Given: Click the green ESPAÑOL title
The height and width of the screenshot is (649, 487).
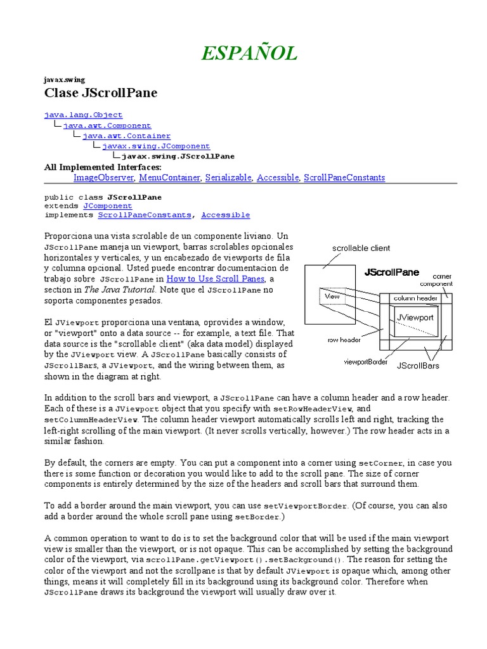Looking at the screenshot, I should tap(249, 54).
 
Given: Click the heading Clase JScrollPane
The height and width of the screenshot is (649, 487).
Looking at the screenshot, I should tap(100, 93).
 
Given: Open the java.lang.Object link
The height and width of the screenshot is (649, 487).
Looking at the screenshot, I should tap(83, 115).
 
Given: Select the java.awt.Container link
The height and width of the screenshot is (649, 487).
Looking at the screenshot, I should tap(126, 136).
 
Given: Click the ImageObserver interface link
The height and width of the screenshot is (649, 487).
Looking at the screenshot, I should tap(103, 178).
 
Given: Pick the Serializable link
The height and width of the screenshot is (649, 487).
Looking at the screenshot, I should tap(228, 178).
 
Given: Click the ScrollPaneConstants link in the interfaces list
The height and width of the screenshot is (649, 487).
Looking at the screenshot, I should tap(344, 178).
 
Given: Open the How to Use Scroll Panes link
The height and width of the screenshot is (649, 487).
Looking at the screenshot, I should tap(216, 279).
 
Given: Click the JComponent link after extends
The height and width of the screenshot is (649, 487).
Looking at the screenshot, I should tap(108, 206).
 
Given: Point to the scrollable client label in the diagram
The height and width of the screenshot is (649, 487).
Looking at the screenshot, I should tap(361, 248).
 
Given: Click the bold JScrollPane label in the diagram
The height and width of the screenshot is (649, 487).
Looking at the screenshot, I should tap(391, 273).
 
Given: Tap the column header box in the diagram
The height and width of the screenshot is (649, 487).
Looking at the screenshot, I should tap(415, 298).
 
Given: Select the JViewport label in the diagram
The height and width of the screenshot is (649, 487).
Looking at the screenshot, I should tap(415, 317).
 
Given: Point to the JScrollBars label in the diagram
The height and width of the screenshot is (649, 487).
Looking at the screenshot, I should tap(418, 366).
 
